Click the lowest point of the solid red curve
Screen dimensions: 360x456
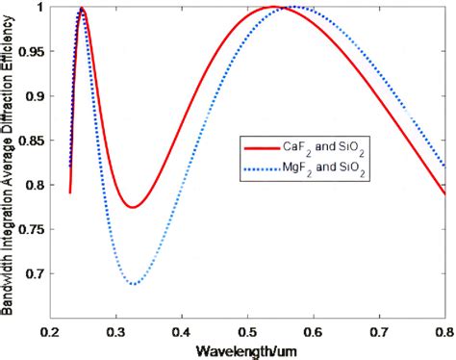(133, 207)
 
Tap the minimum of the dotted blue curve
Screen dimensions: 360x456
(135, 284)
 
